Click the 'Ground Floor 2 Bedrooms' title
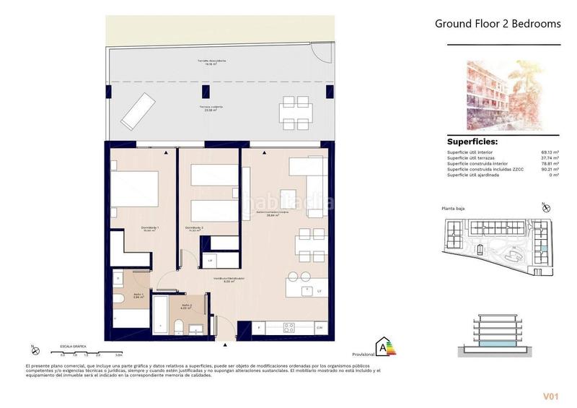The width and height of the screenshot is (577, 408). click(x=497, y=24)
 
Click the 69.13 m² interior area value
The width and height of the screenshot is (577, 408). click(x=550, y=152)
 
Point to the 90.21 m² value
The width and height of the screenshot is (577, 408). click(x=550, y=169)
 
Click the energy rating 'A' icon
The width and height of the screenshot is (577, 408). click(x=386, y=347)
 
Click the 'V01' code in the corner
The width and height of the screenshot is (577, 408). click(x=552, y=396)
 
